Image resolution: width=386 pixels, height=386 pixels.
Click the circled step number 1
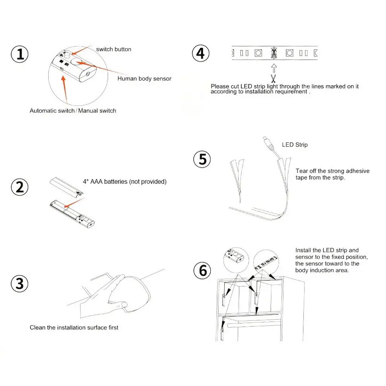coord(20,54)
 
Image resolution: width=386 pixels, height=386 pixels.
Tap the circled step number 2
coord(20,187)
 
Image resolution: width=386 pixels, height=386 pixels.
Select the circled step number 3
coord(20,283)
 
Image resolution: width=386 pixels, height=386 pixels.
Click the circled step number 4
coord(201,54)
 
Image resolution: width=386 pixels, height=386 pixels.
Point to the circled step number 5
coord(202,159)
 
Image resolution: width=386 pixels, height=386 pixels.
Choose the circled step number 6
coord(202,270)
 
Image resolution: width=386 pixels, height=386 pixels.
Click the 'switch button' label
coord(113,49)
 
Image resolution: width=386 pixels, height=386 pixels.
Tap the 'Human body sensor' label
coord(144,78)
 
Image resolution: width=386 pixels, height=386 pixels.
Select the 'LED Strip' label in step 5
coord(295,145)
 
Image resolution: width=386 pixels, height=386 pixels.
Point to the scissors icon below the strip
coord(273,78)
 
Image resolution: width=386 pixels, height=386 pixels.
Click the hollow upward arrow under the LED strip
coord(274,69)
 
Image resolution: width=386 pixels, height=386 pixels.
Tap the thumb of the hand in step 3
coord(118,305)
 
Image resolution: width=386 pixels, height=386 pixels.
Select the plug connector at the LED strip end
coord(269,144)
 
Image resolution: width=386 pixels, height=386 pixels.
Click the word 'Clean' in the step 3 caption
coord(37,328)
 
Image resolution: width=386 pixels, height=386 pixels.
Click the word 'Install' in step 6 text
coord(303,250)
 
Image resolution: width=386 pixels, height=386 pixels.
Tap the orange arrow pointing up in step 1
coord(64,90)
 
